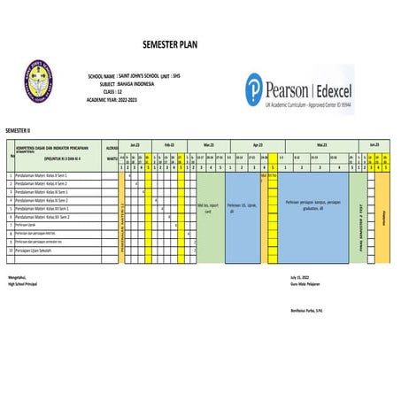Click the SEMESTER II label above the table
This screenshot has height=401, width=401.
tap(17, 129)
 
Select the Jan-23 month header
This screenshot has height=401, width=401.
tap(135, 143)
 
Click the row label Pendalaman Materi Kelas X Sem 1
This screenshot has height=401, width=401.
tap(42, 176)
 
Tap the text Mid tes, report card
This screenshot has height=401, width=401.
tap(209, 209)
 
